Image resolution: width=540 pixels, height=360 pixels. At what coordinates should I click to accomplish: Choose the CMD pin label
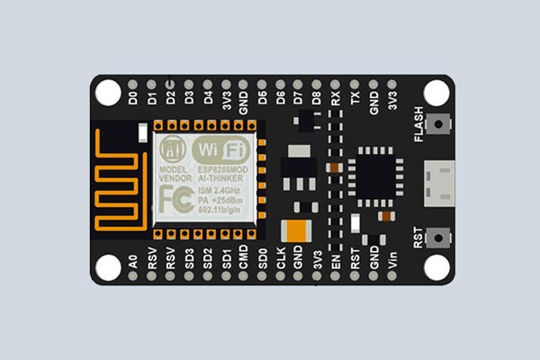click(243, 263)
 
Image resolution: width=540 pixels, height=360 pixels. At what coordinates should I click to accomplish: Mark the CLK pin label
click(281, 263)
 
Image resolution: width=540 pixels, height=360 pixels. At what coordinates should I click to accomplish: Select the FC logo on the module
click(173, 199)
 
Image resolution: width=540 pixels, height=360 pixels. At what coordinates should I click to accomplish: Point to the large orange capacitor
click(296, 230)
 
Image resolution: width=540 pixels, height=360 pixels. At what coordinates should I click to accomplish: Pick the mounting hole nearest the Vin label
click(436, 266)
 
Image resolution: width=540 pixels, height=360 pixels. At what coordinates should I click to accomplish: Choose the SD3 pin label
click(189, 263)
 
